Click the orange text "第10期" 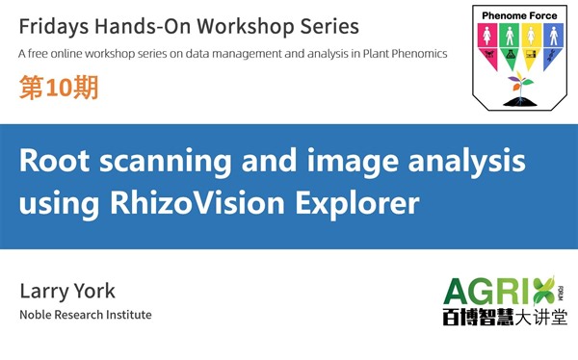pos(57,90)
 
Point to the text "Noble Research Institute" pos(85,315)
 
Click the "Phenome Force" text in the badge pos(519,16)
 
